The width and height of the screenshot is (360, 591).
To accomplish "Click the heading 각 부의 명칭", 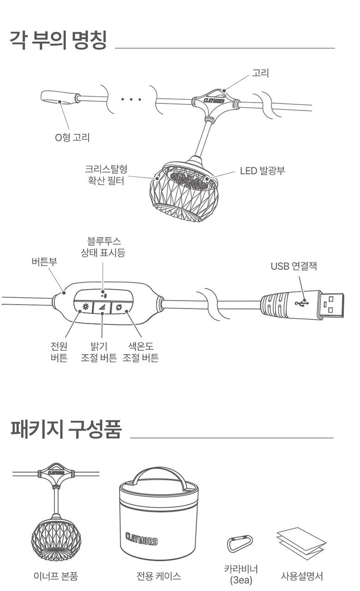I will (x=58, y=41).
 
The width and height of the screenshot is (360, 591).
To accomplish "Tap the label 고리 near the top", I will (x=260, y=73).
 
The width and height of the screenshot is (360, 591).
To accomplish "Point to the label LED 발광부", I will (x=262, y=170).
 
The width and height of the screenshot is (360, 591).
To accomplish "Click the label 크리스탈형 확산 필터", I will (x=106, y=175).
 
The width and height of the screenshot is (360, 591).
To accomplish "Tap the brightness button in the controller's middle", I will (x=102, y=307).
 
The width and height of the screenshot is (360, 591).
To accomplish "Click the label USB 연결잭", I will (x=294, y=266).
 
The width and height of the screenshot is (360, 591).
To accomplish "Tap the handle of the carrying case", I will (x=160, y=476).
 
